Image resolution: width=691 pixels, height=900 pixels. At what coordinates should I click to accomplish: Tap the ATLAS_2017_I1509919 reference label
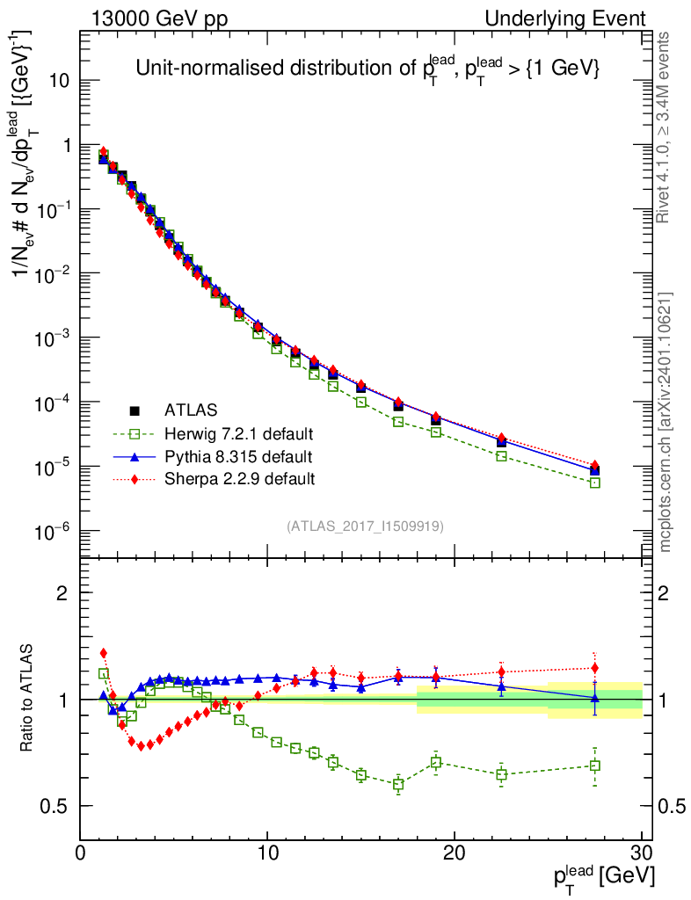click(365, 526)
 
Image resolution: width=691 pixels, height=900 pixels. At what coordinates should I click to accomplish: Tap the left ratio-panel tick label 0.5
click(58, 807)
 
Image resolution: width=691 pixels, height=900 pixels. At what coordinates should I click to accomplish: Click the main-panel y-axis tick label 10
click(58, 81)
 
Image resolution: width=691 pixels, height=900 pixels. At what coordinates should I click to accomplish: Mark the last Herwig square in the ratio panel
click(595, 766)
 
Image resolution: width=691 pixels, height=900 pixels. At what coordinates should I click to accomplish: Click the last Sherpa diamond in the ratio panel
click(595, 668)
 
